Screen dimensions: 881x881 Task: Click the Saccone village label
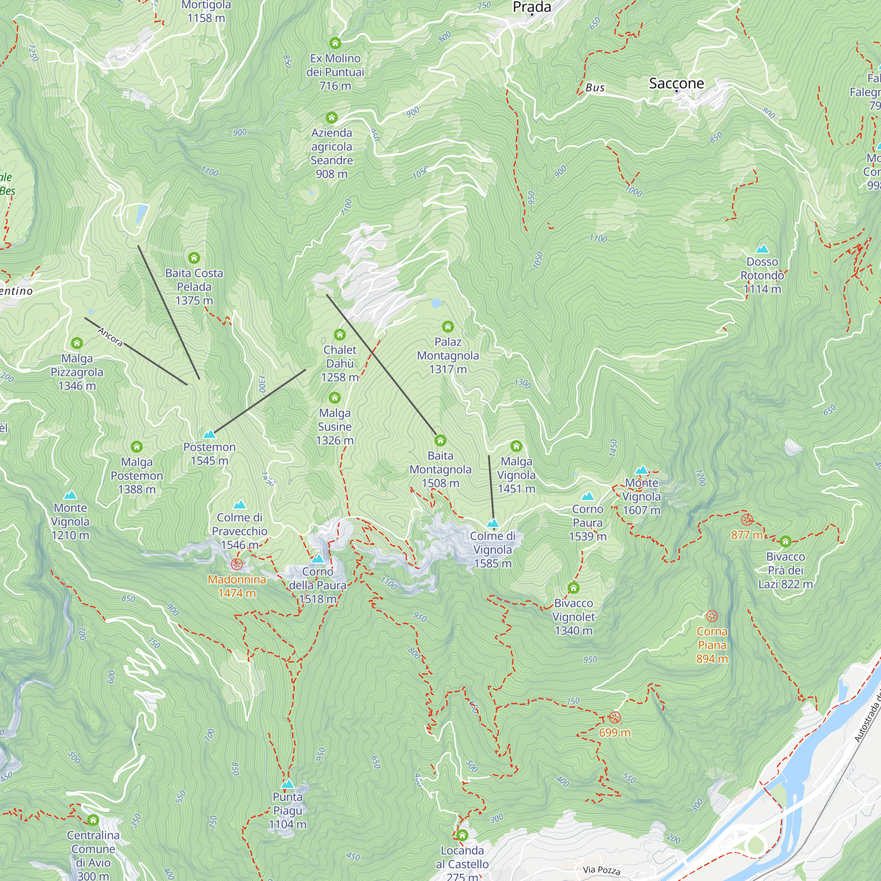pos(676,83)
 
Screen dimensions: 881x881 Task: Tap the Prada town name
pos(532,7)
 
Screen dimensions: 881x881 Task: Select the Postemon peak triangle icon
pos(209,434)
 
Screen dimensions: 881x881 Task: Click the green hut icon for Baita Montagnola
pos(440,440)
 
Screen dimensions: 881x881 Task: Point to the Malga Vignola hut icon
pos(516,446)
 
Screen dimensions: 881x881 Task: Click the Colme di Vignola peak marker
pos(493,523)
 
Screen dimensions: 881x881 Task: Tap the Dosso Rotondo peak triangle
pos(763,249)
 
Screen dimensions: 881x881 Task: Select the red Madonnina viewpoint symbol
pos(237,565)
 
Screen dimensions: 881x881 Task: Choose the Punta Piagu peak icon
pos(288,785)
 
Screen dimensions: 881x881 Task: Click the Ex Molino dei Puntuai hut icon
pos(335,43)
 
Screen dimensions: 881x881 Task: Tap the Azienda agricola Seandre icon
pos(332,118)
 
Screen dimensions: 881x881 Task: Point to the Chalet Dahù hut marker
pos(340,335)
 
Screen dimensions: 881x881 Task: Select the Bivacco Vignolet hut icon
pos(573,588)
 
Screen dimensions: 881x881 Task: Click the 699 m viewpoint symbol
pos(614,718)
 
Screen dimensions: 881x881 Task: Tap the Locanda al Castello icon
pos(462,835)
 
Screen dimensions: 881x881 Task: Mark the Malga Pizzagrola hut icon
pos(77,343)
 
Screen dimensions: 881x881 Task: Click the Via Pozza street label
pos(601,870)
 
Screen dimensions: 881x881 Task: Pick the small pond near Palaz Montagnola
pos(437,303)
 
